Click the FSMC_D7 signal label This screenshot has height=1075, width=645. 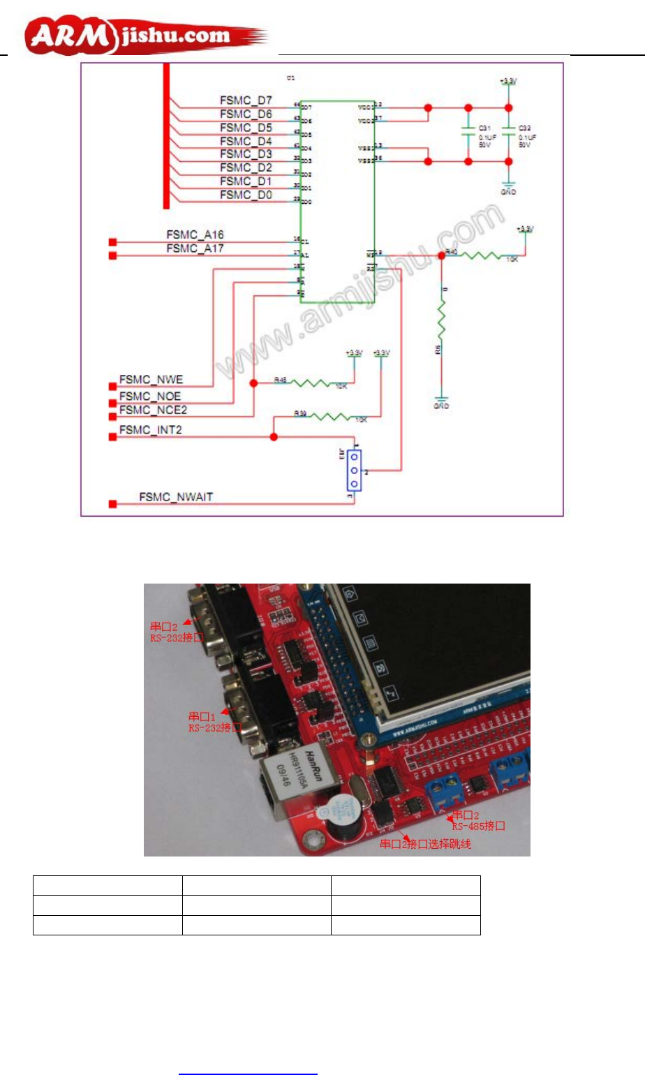click(x=246, y=101)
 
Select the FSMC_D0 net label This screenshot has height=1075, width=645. click(x=246, y=195)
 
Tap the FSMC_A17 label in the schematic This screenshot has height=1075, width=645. click(x=195, y=249)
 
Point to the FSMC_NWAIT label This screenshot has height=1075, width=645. click(x=176, y=497)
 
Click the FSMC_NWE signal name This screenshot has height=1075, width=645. click(x=151, y=380)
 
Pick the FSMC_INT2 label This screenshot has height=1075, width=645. click(x=150, y=430)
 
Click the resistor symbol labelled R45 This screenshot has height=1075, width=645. click(x=318, y=383)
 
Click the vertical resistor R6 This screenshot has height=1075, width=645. click(x=441, y=321)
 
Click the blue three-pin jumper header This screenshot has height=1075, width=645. click(x=355, y=470)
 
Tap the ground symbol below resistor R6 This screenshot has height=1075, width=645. click(x=441, y=400)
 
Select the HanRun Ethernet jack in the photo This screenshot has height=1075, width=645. click(x=287, y=779)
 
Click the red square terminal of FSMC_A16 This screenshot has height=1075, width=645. click(x=112, y=242)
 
